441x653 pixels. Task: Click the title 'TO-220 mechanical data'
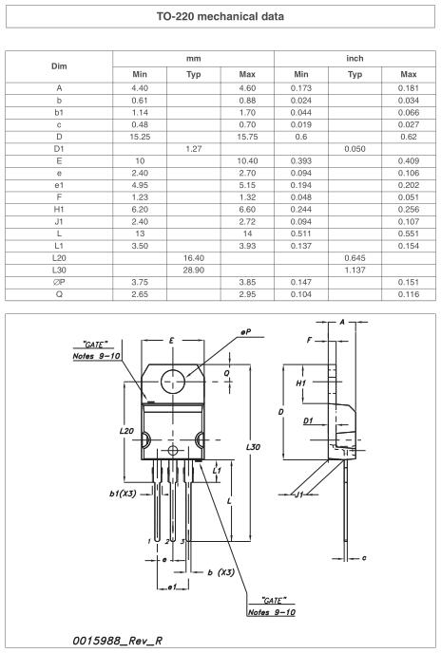(x=220, y=17)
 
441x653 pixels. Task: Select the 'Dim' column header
(x=60, y=65)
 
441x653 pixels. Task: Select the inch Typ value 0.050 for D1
(x=355, y=148)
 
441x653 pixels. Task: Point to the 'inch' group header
(x=355, y=58)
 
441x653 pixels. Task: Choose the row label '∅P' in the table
(x=60, y=282)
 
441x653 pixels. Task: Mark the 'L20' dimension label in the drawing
(x=127, y=430)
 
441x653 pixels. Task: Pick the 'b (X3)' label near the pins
(x=220, y=572)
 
